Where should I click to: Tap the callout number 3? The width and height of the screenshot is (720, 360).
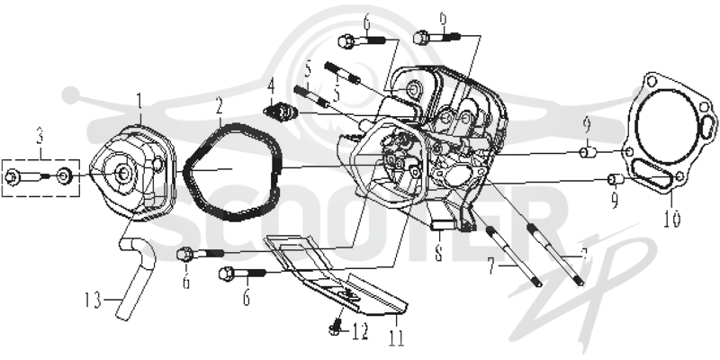pos(40,137)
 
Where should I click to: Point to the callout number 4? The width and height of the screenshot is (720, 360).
pos(272,86)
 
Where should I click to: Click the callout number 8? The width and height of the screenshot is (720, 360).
pos(438,253)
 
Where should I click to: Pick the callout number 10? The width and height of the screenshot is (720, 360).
pos(671,219)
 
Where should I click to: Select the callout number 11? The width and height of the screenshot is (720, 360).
pos(397,337)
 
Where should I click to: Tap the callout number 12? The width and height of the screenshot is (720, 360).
pos(360,331)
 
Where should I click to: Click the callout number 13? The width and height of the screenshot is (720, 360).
pos(94,301)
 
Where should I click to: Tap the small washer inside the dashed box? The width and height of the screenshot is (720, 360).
pos(63,175)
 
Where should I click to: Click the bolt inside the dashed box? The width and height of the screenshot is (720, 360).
pos(24,176)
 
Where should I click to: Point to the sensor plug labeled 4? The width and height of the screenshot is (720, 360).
pos(281,112)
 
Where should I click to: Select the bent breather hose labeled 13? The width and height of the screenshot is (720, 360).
pos(137,277)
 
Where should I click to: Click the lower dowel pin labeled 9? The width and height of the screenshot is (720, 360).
pos(616,179)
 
